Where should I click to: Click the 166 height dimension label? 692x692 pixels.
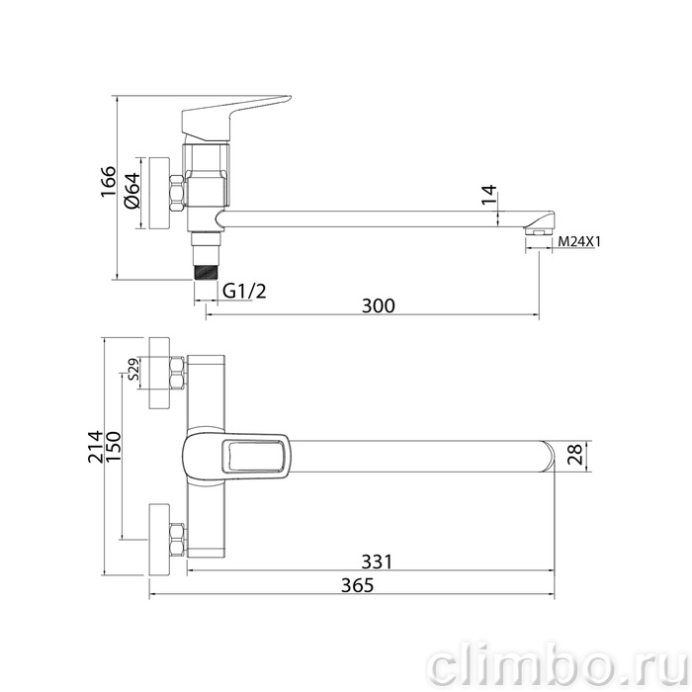(109, 182)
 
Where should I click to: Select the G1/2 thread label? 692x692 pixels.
(244, 292)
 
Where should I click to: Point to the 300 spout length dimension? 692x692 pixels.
(379, 305)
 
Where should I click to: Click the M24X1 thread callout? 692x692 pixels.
(579, 241)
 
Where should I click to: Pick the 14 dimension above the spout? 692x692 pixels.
(489, 195)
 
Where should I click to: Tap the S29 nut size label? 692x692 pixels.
(133, 370)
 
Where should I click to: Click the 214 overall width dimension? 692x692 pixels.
(95, 446)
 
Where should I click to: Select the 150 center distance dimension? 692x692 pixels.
(113, 446)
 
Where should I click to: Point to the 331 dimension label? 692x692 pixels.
(377, 562)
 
